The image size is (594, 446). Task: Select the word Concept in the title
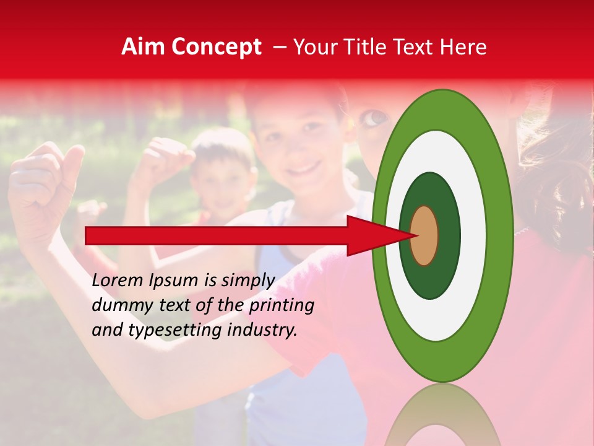[216, 47]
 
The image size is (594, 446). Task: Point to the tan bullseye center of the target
[424, 235]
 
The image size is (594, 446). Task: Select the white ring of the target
[473, 235]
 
